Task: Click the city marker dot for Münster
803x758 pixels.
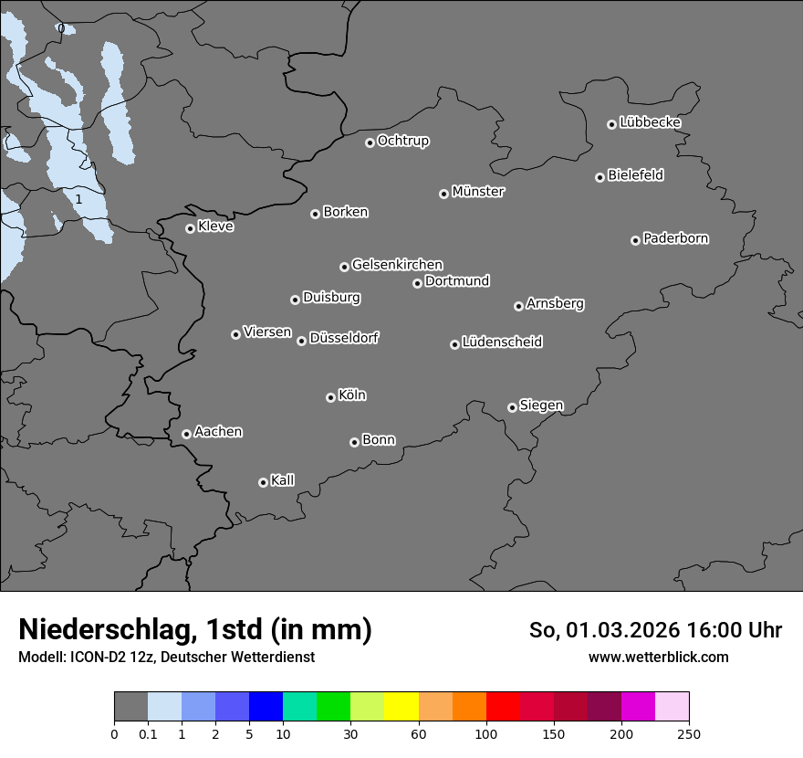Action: (x=443, y=194)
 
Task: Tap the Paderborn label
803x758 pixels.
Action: (x=676, y=238)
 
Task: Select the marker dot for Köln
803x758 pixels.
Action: (x=330, y=397)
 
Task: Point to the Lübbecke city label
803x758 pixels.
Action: (x=651, y=122)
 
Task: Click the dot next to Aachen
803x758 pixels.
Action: (x=186, y=434)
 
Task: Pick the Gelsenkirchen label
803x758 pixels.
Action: (x=397, y=265)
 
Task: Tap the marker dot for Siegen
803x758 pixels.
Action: (x=512, y=407)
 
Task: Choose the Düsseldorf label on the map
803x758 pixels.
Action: (x=344, y=338)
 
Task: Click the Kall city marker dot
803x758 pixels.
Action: (x=263, y=482)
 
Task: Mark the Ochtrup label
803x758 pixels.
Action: (x=403, y=141)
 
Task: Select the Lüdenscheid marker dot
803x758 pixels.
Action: (x=454, y=344)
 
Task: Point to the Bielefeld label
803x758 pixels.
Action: (x=636, y=174)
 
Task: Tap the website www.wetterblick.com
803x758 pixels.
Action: (x=659, y=657)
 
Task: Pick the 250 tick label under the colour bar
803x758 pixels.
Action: (x=689, y=734)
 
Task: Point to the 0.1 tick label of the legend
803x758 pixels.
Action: (x=148, y=734)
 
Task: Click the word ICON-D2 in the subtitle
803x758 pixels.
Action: (x=97, y=657)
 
